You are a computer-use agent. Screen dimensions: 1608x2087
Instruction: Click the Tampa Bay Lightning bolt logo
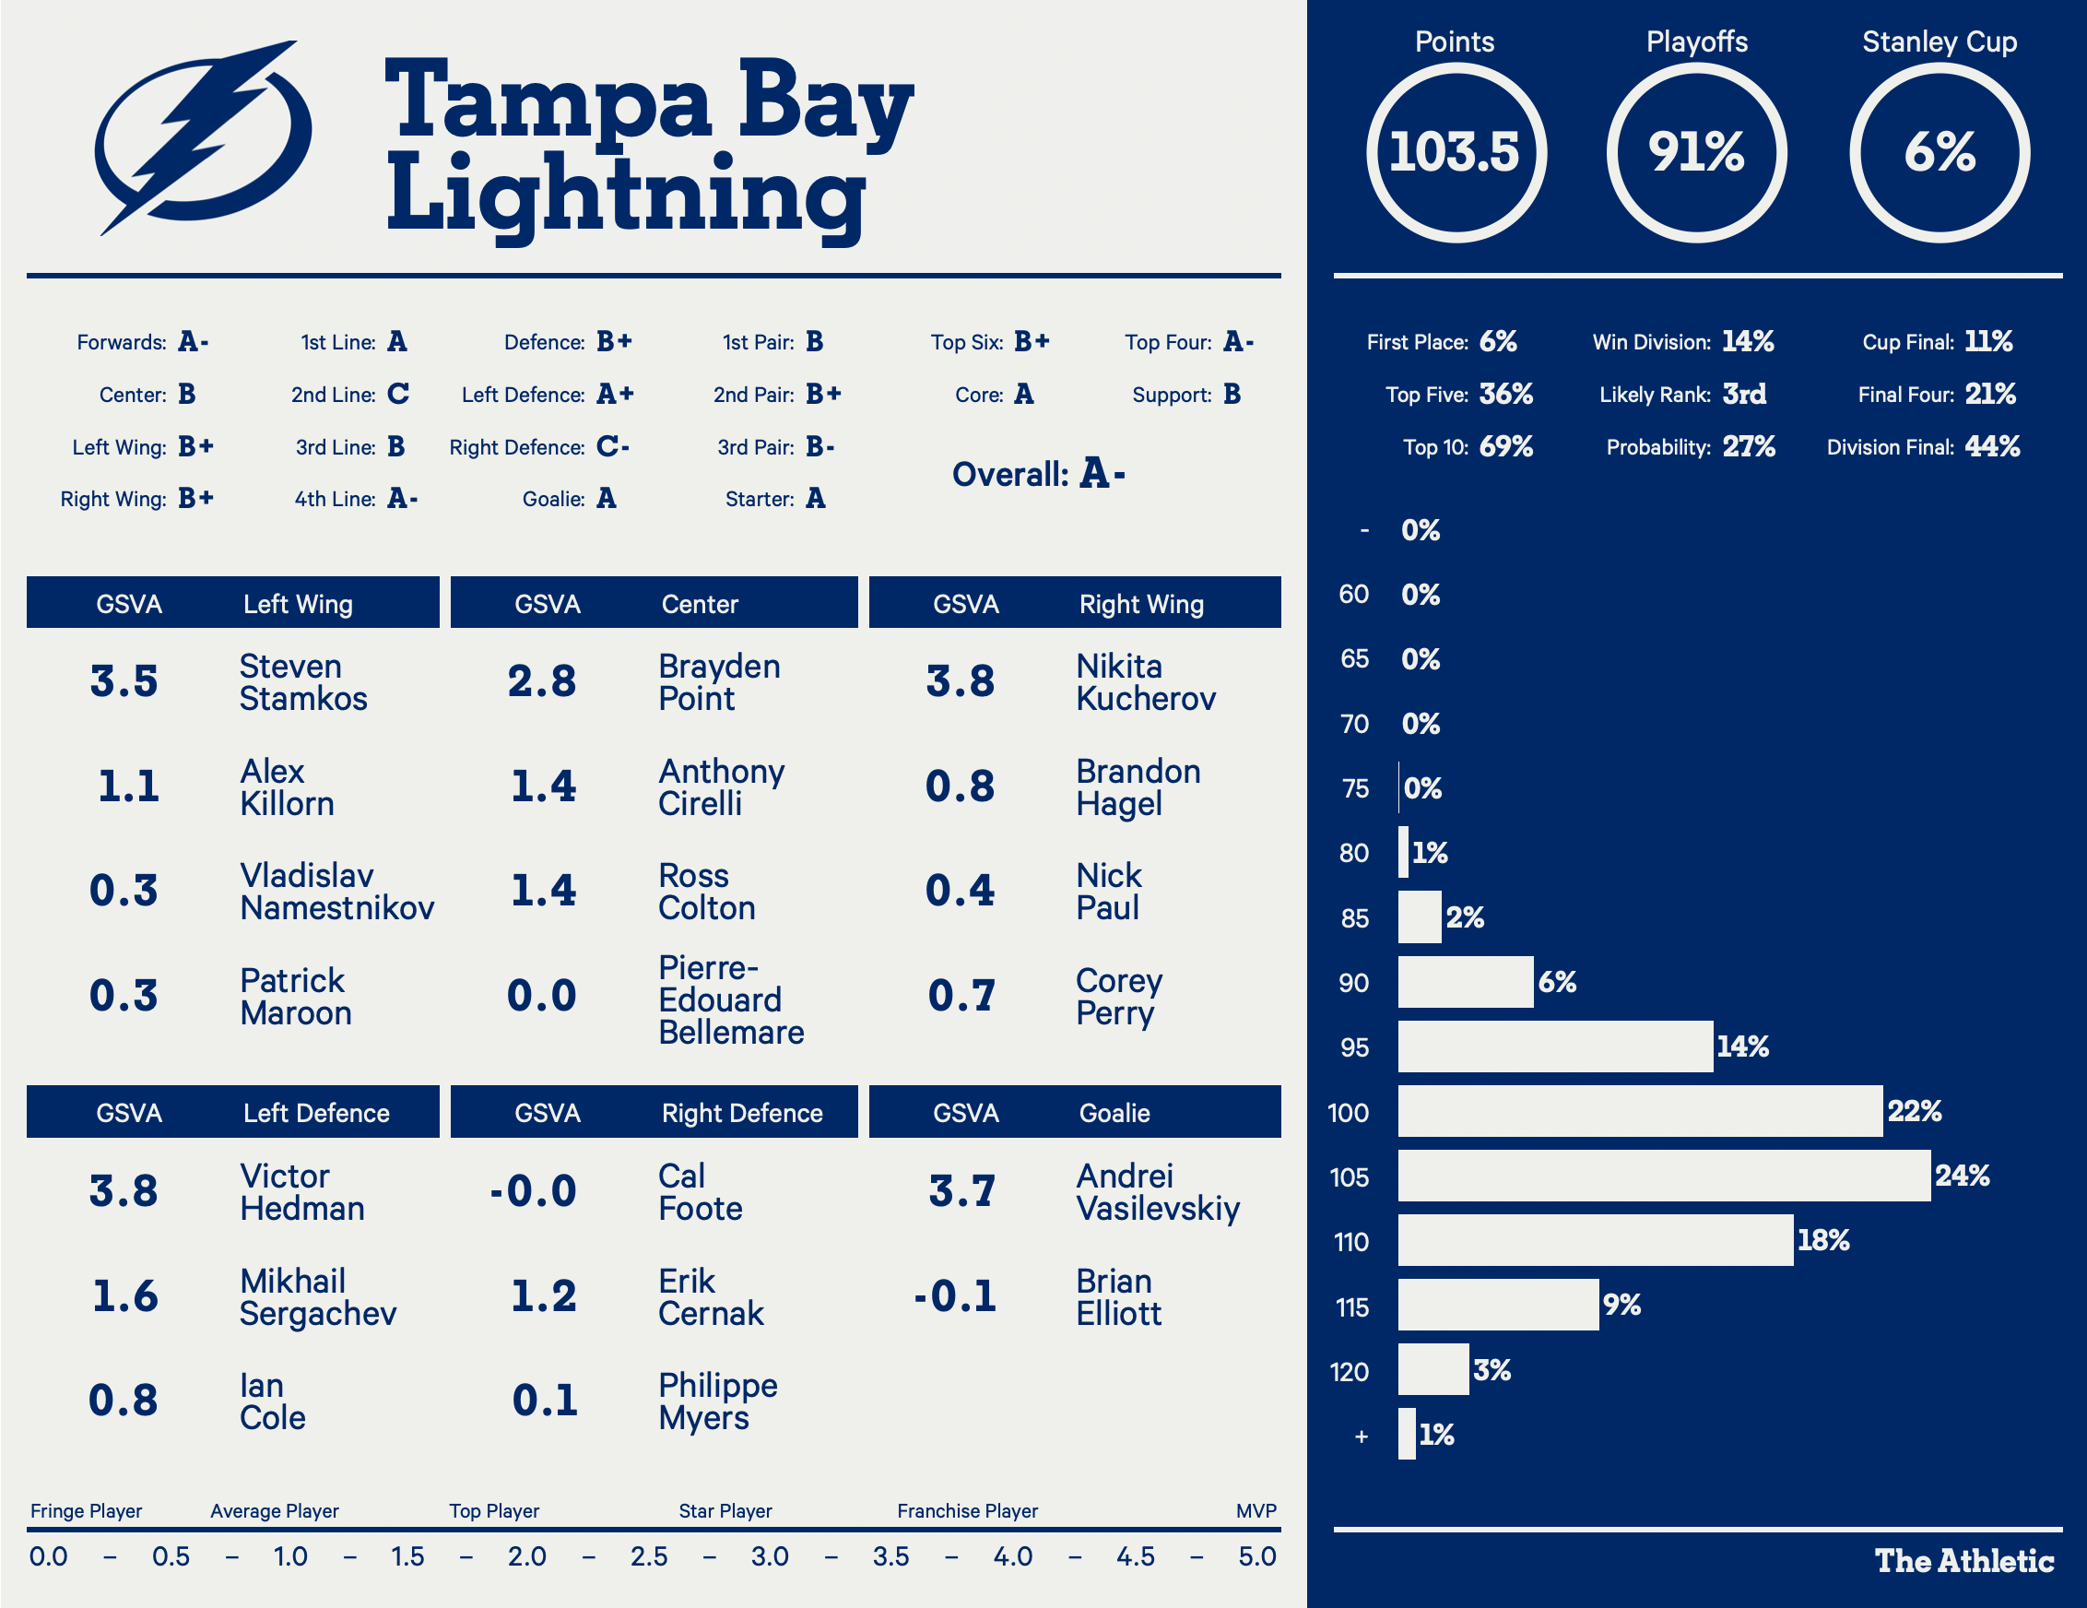tap(203, 138)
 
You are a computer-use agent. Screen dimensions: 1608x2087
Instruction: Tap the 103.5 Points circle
tap(1455, 153)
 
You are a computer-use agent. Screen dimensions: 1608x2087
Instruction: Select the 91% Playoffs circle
tap(1696, 153)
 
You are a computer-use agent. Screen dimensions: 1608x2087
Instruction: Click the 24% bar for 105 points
tap(1663, 1176)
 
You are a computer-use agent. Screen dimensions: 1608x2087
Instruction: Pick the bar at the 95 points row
tap(1555, 1046)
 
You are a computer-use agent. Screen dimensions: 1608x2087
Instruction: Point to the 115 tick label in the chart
tap(1351, 1306)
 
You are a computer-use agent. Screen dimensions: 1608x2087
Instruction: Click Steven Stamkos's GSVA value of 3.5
tap(124, 681)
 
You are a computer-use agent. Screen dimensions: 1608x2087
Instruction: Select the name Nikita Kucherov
tap(1145, 682)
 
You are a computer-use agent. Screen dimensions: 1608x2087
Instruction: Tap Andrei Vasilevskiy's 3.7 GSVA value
tap(961, 1191)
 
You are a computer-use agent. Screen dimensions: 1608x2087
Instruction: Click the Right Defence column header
tap(741, 1113)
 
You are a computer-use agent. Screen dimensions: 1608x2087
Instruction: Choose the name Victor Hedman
tap(301, 1192)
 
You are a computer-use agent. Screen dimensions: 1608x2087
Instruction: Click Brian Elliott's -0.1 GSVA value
tap(955, 1296)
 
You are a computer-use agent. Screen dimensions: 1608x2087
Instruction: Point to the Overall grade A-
tap(1102, 474)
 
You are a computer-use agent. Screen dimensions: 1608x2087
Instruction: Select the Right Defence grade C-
tap(612, 447)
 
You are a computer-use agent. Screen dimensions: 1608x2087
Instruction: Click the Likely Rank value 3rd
tap(1744, 395)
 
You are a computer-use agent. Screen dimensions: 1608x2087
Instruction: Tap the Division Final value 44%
tap(1991, 447)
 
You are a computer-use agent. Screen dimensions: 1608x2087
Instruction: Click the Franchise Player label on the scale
tap(967, 1510)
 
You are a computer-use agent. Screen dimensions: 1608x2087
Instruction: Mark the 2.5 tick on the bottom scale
tap(649, 1556)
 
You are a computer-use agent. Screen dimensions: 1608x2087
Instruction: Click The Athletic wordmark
tap(1963, 1561)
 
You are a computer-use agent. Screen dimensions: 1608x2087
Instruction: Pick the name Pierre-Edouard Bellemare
tap(730, 1000)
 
